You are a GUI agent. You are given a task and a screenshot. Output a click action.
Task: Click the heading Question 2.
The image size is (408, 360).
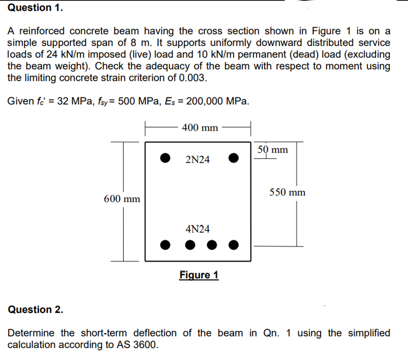click(x=36, y=310)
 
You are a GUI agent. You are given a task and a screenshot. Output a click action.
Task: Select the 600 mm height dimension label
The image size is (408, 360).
click(x=122, y=199)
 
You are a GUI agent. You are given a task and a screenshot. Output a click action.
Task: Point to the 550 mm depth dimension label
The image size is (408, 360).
click(x=287, y=192)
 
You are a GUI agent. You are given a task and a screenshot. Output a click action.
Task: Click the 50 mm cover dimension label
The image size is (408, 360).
click(x=273, y=150)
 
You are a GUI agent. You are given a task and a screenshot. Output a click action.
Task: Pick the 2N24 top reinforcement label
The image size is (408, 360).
click(x=197, y=160)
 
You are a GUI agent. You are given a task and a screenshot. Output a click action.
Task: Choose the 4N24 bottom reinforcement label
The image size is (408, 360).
click(x=197, y=229)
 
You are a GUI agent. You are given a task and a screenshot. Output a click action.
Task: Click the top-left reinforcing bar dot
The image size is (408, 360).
click(x=165, y=158)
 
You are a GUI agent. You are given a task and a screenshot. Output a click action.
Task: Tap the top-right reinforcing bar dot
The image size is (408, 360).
click(x=233, y=158)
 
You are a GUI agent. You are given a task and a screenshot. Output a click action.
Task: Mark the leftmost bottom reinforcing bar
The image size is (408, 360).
click(x=165, y=245)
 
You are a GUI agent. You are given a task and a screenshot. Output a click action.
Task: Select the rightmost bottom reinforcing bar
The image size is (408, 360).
click(x=233, y=245)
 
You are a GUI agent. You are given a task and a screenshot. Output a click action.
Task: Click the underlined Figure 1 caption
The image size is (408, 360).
click(x=199, y=275)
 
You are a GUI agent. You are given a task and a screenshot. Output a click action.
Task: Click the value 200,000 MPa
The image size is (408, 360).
click(x=217, y=101)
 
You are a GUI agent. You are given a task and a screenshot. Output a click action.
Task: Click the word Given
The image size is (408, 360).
click(x=21, y=101)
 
